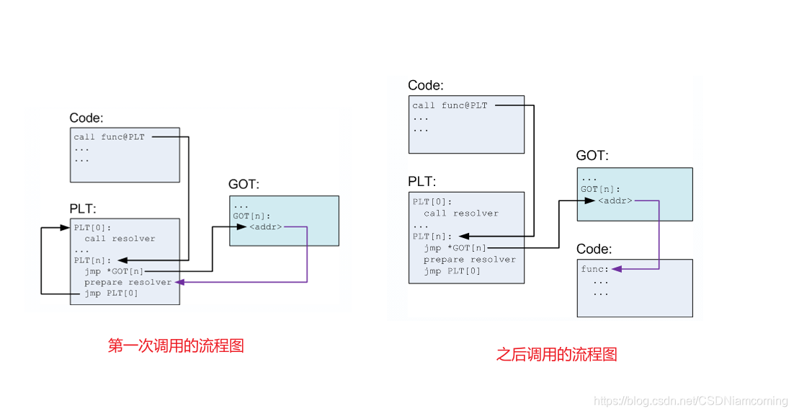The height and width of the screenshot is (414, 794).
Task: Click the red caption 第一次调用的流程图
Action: point(176,346)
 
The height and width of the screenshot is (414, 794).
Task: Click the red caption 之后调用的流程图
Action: point(556,355)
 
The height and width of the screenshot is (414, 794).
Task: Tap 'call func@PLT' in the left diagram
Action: point(109,137)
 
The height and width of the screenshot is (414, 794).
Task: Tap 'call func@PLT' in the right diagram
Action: point(450,106)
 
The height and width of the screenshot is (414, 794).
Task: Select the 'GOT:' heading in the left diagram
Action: point(244,185)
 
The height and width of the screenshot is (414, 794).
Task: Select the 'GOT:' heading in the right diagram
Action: point(592,156)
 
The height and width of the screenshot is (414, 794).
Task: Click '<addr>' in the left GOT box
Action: point(266,227)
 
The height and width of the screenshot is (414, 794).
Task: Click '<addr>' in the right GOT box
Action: point(615,201)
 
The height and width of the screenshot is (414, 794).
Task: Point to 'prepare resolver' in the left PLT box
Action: point(128,282)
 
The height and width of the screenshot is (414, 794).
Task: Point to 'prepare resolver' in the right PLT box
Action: point(470,260)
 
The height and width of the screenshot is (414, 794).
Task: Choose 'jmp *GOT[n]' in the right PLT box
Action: point(455,248)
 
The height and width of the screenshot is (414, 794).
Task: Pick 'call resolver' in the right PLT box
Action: point(461,213)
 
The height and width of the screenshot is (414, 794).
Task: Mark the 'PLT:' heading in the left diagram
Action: point(81,208)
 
